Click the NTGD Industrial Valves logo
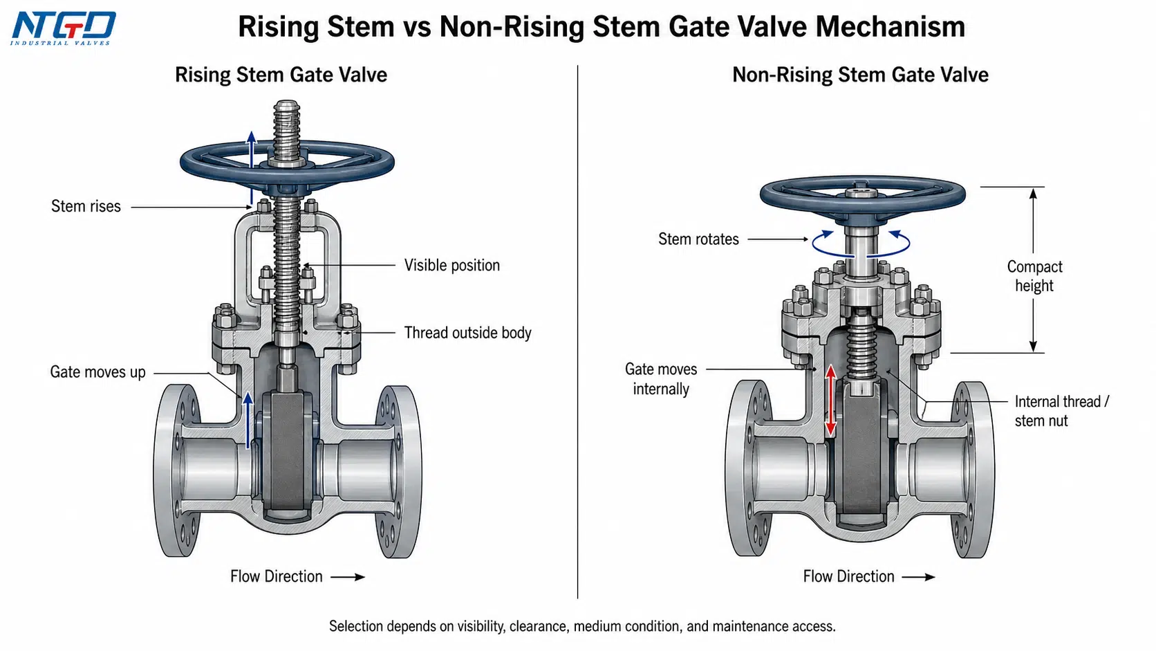[x=63, y=28]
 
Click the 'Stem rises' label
[x=86, y=206]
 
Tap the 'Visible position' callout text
[x=452, y=266]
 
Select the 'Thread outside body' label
[x=467, y=333]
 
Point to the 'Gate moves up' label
[x=97, y=372]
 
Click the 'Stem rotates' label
[x=698, y=239]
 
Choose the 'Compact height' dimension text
[x=1035, y=276]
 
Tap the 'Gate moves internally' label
[x=661, y=379]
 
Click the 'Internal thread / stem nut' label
[x=1061, y=411]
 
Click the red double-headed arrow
[x=830, y=401]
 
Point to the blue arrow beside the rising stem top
[x=252, y=167]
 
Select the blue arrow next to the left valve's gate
[x=248, y=420]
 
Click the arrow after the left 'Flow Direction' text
[x=348, y=577]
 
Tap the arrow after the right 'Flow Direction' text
[x=919, y=577]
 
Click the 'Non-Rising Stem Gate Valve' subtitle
[x=860, y=75]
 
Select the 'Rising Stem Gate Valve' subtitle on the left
[x=281, y=75]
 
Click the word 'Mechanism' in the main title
[x=891, y=27]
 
